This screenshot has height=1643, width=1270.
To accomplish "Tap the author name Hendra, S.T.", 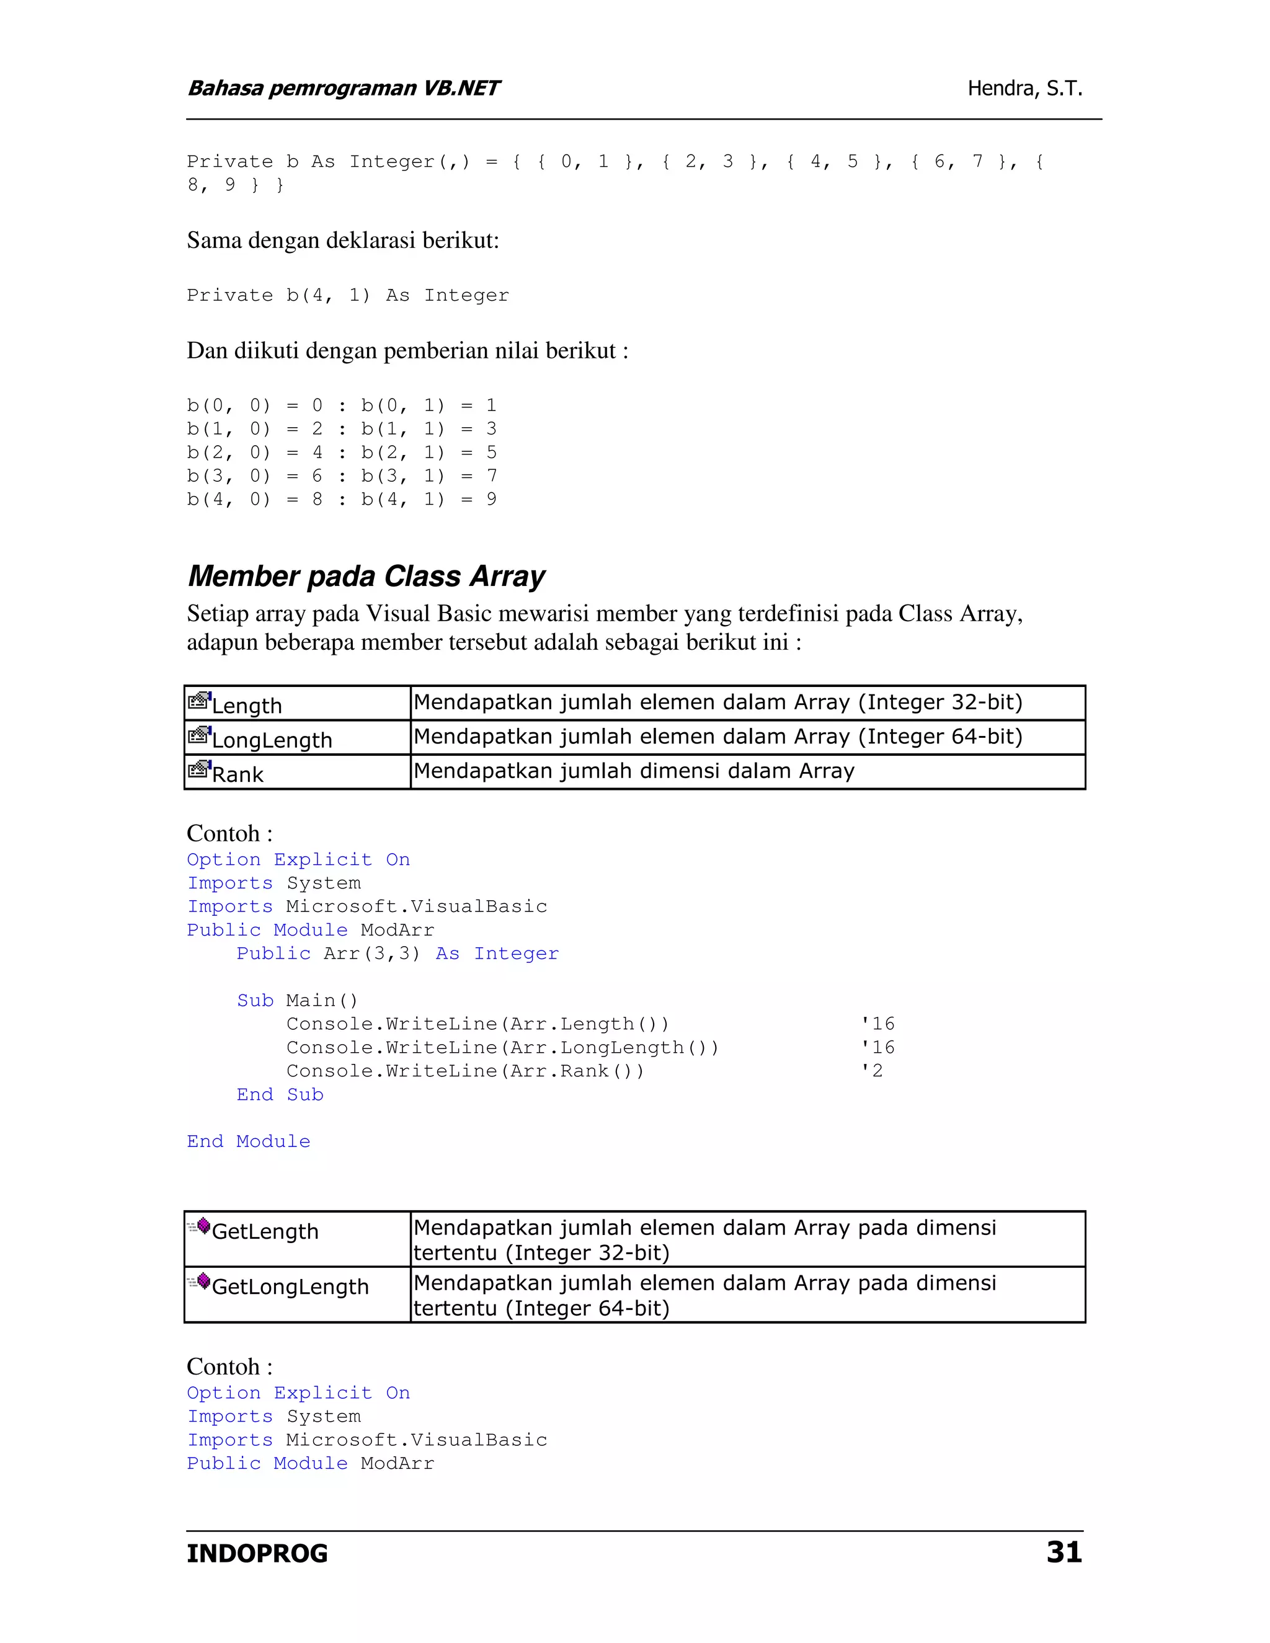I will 1024,89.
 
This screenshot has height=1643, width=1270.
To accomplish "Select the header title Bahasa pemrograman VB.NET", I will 343,89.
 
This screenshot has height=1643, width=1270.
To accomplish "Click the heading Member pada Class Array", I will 366,576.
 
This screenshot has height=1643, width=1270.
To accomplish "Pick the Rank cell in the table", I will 296,773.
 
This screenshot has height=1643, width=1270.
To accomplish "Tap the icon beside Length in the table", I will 198,701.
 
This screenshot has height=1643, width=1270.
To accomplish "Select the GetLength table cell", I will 296,1238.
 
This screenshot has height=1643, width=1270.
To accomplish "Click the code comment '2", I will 872,1071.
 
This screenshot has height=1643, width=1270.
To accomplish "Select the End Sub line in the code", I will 280,1094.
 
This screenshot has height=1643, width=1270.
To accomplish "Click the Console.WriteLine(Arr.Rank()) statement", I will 465,1071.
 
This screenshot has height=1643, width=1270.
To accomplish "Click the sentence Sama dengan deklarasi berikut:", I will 343,241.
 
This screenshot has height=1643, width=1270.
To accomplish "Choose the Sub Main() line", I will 297,1001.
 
